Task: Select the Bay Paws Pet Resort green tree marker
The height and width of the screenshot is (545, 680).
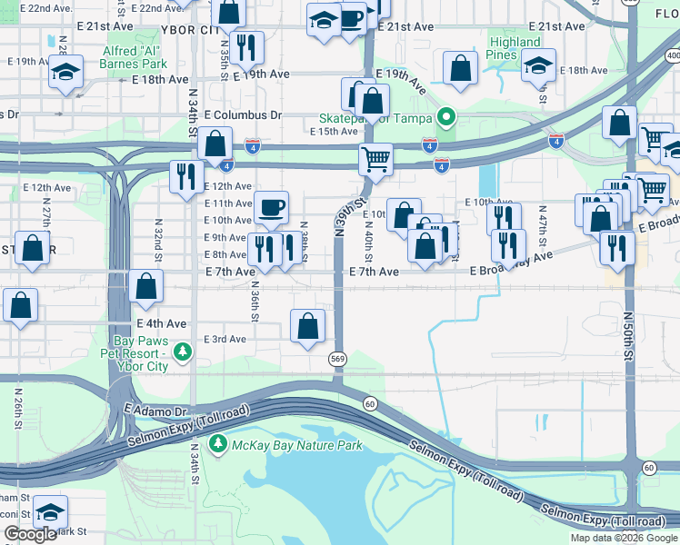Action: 183,351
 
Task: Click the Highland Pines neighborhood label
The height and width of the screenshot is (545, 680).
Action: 515,49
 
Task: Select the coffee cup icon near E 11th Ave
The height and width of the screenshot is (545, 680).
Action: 271,207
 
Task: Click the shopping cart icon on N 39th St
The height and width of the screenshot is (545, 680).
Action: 375,160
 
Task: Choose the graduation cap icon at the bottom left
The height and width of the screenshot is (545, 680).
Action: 51,511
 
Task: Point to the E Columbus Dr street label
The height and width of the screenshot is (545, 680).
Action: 243,116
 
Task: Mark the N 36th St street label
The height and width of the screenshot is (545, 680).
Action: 255,299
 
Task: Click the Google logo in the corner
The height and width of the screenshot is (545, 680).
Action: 30,535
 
